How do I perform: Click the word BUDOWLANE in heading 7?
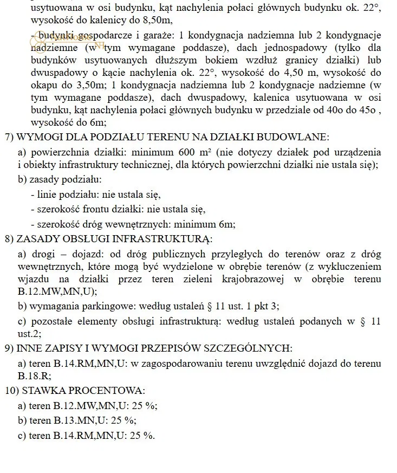pos(297,137)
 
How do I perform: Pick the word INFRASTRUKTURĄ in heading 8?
pos(171,238)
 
